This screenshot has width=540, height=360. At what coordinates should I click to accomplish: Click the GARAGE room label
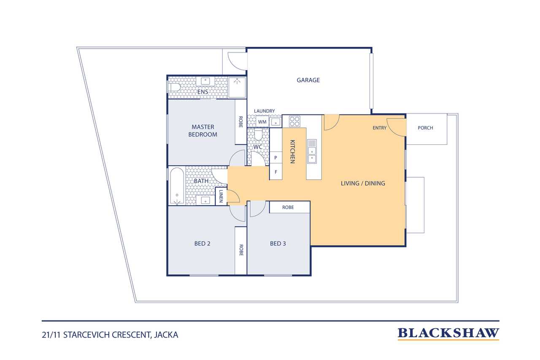pos(308,80)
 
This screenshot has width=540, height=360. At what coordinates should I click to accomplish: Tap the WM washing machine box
pos(262,122)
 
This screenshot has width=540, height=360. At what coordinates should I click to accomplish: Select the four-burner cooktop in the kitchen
pos(294,121)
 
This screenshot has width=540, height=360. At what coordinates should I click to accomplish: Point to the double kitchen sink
pos(312,152)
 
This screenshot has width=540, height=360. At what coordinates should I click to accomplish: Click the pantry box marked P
pos(276,158)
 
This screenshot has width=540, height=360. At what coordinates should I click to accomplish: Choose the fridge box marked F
pos(276,172)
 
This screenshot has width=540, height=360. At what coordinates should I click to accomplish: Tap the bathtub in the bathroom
pos(177,186)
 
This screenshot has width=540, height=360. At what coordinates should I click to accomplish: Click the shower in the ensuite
pos(237,87)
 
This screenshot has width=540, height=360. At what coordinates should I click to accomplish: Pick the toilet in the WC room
pos(258,135)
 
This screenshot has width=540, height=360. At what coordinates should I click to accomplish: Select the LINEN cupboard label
pos(221,196)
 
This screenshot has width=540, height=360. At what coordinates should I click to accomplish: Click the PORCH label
pos(426,128)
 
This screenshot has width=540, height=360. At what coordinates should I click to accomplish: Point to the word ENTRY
pos(379,128)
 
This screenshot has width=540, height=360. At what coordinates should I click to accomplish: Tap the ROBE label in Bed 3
pos(288,207)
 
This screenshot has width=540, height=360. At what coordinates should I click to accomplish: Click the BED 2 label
pos(202,244)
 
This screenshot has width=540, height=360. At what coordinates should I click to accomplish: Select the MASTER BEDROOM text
pos(203,131)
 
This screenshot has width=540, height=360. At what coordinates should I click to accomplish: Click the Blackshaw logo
pos(448,334)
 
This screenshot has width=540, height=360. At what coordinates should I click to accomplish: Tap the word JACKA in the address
pos(166,335)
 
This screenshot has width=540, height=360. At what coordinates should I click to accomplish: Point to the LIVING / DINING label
pos(363,184)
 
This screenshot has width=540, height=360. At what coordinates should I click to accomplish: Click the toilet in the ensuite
pos(174,87)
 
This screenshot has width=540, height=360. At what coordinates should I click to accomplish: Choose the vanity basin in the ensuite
pos(205,81)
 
